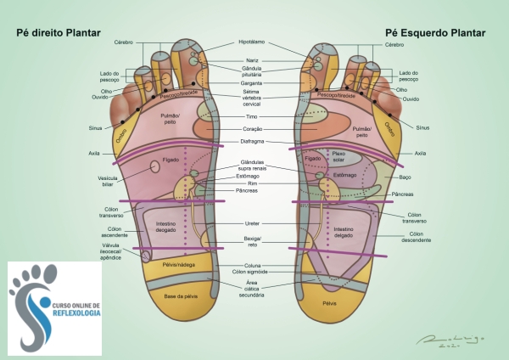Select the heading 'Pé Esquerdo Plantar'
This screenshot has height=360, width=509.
pyautogui.click(x=433, y=33)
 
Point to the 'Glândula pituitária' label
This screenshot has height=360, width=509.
pyautogui.click(x=252, y=71)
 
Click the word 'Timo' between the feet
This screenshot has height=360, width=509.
pyautogui.click(x=252, y=116)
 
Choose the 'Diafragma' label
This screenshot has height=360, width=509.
pyautogui.click(x=252, y=141)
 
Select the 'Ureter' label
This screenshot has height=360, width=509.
pyautogui.click(x=252, y=223)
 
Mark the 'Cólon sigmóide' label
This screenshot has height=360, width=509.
pyautogui.click(x=251, y=273)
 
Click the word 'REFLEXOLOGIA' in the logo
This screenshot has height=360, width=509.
pyautogui.click(x=76, y=313)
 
